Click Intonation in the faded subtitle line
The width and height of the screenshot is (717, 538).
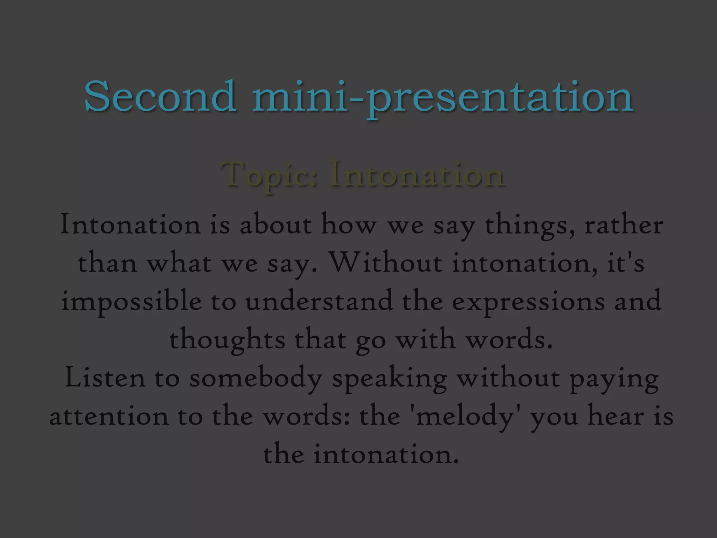pos(417,174)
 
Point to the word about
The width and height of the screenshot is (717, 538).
pos(276,225)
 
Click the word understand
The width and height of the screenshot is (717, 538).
pos(319,301)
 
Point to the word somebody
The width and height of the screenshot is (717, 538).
pos(256,379)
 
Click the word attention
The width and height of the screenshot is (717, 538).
pos(109,416)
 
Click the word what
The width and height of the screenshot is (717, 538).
pos(179,263)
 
